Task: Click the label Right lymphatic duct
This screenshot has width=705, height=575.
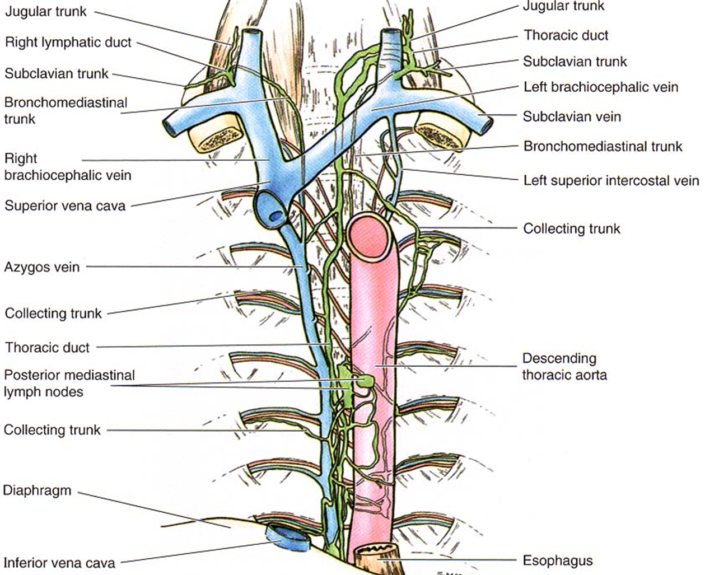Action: point(68,43)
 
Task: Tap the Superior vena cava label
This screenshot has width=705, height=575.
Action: point(65,205)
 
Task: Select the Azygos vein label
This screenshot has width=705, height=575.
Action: point(42,267)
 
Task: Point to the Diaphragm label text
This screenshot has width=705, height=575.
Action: point(37,490)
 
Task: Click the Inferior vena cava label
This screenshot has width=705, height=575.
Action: point(59,563)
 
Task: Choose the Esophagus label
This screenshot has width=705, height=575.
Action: point(558,560)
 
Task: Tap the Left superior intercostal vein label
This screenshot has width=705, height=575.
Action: point(611,180)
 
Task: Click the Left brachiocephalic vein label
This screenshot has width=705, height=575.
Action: point(601,87)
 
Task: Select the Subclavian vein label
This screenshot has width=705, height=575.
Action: point(572,116)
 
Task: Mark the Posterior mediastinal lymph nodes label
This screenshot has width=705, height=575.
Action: point(69,384)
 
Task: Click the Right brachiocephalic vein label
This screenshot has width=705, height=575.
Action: point(68,167)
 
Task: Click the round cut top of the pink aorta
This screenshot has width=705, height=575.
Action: point(368,236)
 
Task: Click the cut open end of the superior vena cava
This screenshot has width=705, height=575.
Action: point(271,211)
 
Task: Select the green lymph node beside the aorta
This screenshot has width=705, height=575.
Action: point(366,380)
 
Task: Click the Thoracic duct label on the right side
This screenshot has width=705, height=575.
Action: point(566,35)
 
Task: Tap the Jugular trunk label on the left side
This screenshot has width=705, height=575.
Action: point(46,12)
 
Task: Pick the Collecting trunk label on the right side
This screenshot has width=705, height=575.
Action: point(572,228)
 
